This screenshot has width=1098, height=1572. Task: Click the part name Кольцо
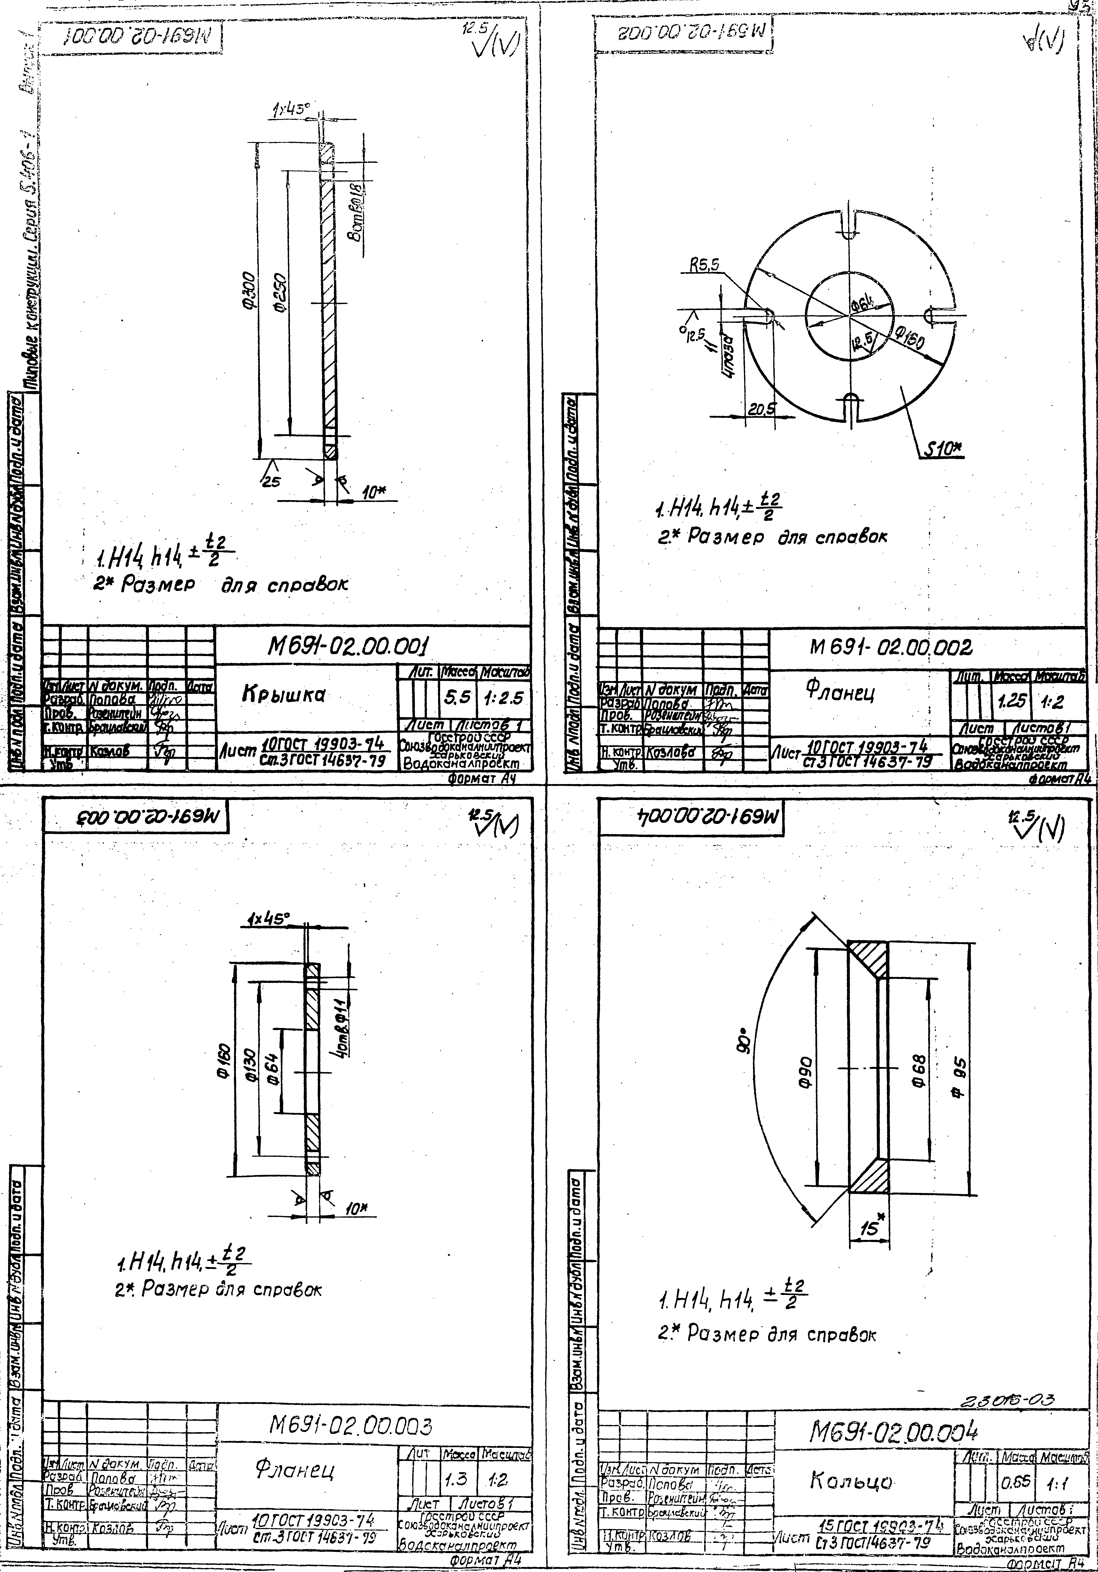click(851, 1481)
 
